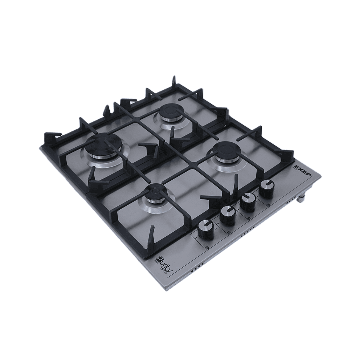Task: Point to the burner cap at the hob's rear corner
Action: point(169,111)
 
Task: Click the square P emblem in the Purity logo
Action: point(159,259)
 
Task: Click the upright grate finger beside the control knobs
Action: point(236,181)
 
